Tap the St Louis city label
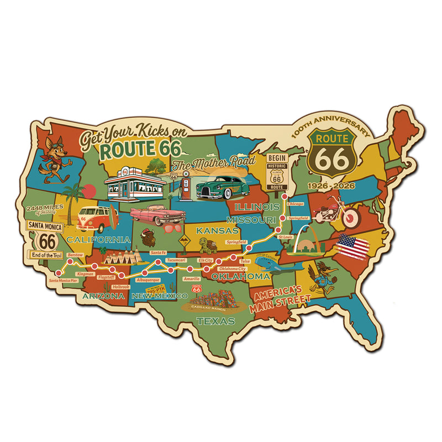285,237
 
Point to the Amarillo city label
191,279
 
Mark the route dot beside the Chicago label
285,196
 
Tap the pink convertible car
150,215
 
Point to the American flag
352,246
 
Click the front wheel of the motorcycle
350,219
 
